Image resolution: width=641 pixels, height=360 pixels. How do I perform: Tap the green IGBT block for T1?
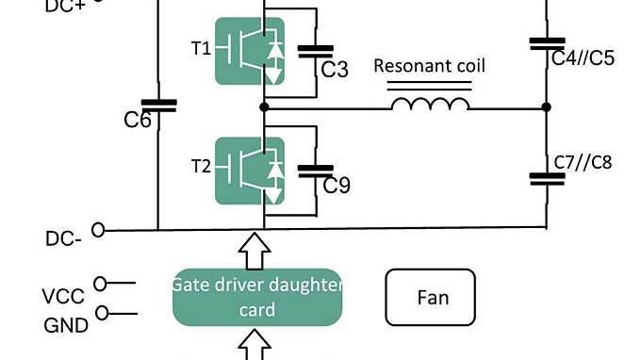pyautogui.click(x=249, y=53)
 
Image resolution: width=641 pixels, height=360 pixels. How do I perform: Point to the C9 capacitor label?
pyautogui.click(x=337, y=186)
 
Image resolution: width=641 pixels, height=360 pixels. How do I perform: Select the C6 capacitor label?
pyautogui.click(x=139, y=120)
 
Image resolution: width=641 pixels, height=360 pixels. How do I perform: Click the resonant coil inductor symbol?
pyautogui.click(x=429, y=103)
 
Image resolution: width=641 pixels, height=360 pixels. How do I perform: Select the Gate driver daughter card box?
pyautogui.click(x=256, y=297)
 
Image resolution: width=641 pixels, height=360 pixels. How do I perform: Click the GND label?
pyautogui.click(x=66, y=325)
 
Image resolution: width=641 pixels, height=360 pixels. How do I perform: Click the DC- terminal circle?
pyautogui.click(x=97, y=229)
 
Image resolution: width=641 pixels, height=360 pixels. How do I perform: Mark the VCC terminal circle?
pyautogui.click(x=101, y=282)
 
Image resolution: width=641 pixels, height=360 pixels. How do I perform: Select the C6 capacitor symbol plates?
pyautogui.click(x=157, y=106)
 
